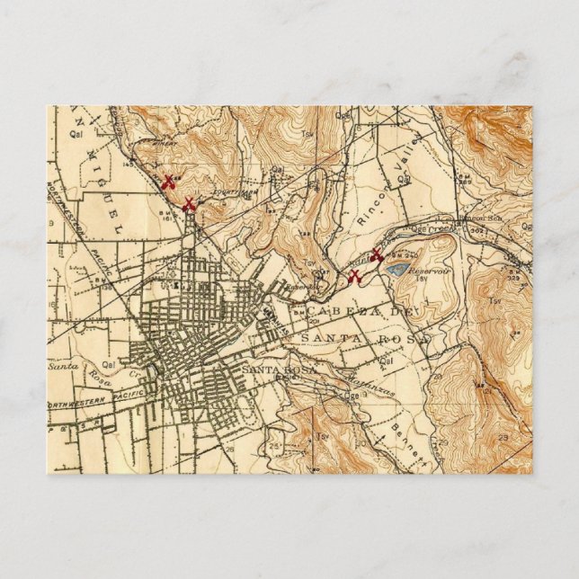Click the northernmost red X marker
pyautogui.click(x=167, y=182)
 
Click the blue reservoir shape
pyautogui.click(x=396, y=267)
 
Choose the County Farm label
pyautogui.click(x=215, y=191)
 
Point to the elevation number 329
pyautogui.click(x=514, y=279)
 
